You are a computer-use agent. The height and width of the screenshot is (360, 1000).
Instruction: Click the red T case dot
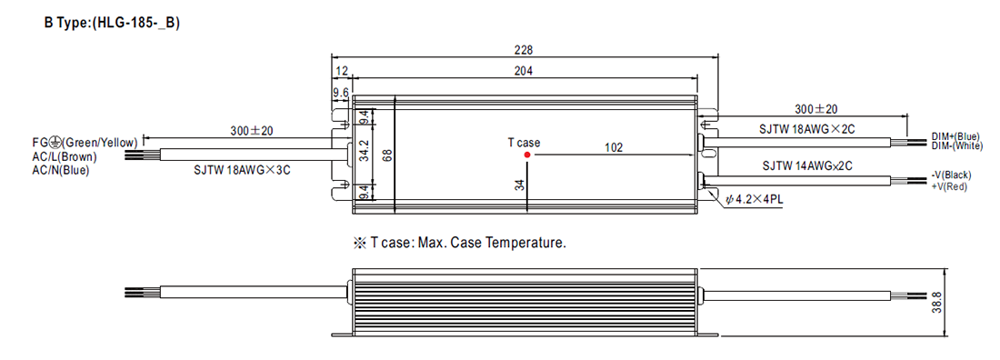coord(527,154)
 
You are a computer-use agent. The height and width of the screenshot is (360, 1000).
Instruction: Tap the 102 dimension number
coord(613,147)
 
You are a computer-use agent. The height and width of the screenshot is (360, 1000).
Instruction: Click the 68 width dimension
coord(385,155)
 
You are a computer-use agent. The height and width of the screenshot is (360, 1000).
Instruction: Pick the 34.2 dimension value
coord(364,155)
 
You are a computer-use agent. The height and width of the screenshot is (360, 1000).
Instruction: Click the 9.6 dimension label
coord(341,94)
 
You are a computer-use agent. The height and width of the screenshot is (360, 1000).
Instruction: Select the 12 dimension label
coord(342,70)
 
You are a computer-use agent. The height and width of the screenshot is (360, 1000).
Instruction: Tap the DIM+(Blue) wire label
coord(955,136)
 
